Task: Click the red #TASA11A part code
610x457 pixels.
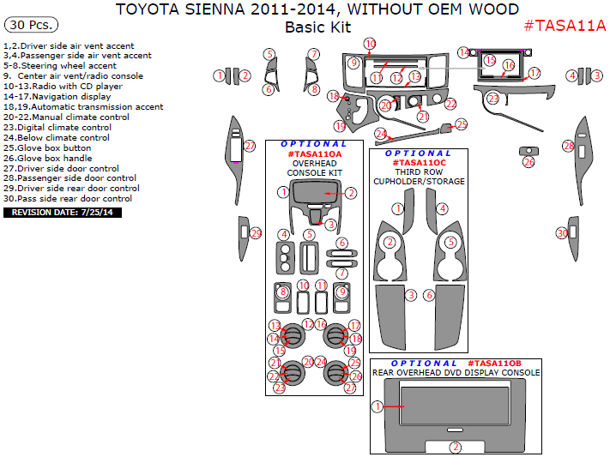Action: pyautogui.click(x=565, y=25)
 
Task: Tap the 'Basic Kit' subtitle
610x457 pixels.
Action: pyautogui.click(x=317, y=27)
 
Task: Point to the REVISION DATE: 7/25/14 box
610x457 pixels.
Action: pyautogui.click(x=63, y=212)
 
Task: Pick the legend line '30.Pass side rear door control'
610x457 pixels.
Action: pyautogui.click(x=68, y=198)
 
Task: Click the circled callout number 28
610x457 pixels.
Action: pyautogui.click(x=568, y=147)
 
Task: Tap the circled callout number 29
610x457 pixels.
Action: pyautogui.click(x=256, y=233)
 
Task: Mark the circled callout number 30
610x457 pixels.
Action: pyautogui.click(x=562, y=232)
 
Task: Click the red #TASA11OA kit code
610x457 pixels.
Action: pyautogui.click(x=315, y=154)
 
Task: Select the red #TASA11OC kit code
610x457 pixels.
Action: pyautogui.click(x=420, y=163)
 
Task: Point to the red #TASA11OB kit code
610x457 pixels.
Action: pyautogui.click(x=507, y=364)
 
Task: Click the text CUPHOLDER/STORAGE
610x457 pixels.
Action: pyautogui.click(x=420, y=182)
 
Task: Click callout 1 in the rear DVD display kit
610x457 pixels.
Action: pyautogui.click(x=376, y=406)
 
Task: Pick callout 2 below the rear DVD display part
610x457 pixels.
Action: pyautogui.click(x=456, y=447)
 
